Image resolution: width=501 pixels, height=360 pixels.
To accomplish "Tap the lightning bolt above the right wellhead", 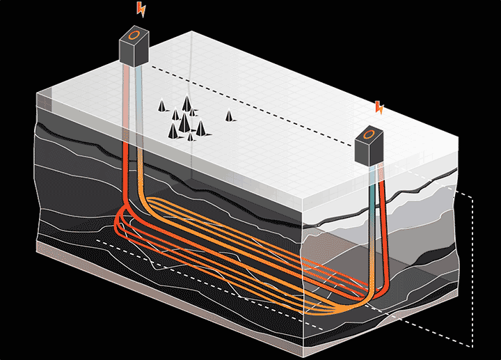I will coord(379,107).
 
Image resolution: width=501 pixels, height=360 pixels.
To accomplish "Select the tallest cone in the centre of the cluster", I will coord(184,124).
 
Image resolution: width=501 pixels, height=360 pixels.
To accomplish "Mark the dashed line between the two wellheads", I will coord(250,104).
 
